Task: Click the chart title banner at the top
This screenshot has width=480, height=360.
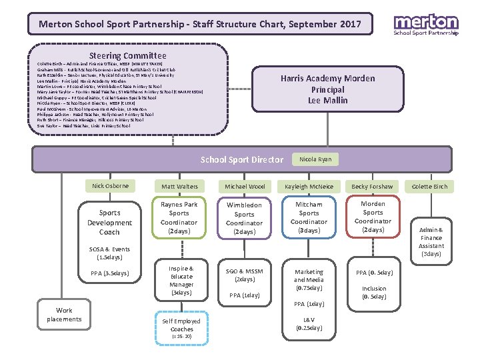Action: pyautogui.click(x=200, y=25)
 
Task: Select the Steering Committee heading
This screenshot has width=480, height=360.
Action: pyautogui.click(x=128, y=56)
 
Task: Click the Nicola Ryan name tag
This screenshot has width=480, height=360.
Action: pyautogui.click(x=315, y=159)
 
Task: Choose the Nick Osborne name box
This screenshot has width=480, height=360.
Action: pyautogui.click(x=111, y=185)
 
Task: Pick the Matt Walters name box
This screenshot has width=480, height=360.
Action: pyautogui.click(x=179, y=187)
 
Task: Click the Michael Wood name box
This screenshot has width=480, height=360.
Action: pyautogui.click(x=245, y=187)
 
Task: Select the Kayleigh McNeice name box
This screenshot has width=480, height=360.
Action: pyautogui.click(x=309, y=187)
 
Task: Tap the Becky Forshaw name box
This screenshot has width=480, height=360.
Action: pyautogui.click(x=373, y=187)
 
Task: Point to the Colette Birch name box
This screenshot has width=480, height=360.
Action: pyautogui.click(x=430, y=187)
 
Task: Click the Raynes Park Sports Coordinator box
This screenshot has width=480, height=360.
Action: pyautogui.click(x=179, y=217)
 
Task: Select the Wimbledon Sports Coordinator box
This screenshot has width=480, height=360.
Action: pyautogui.click(x=245, y=218)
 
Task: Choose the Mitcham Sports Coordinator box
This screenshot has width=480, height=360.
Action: pyautogui.click(x=309, y=217)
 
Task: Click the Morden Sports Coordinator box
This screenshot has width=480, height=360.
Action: pyautogui.click(x=373, y=217)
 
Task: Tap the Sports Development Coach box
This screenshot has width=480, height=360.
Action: pyautogui.click(x=110, y=223)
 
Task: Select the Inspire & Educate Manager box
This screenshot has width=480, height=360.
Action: pyautogui.click(x=181, y=280)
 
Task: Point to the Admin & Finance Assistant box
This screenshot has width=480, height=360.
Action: pyautogui.click(x=431, y=241)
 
